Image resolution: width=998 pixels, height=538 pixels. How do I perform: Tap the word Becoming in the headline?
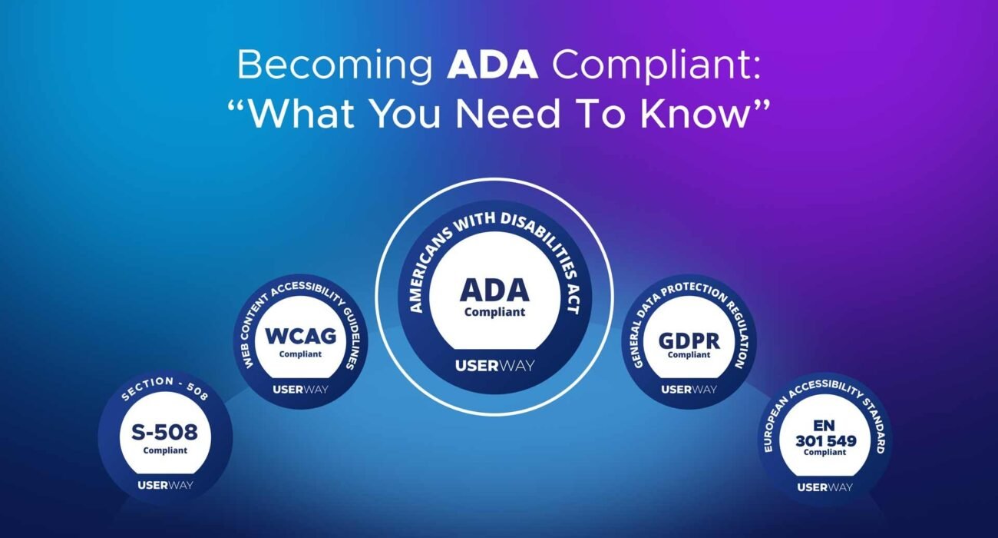pyautogui.click(x=334, y=67)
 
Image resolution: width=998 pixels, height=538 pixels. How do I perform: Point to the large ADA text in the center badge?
pyautogui.click(x=494, y=290)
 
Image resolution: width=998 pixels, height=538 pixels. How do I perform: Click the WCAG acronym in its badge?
pyautogui.click(x=300, y=337)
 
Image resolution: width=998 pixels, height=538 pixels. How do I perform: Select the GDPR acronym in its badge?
pyautogui.click(x=689, y=340)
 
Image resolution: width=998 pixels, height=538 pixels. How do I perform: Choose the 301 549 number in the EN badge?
pyautogui.click(x=825, y=440)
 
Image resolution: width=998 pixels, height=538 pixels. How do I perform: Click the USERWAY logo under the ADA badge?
pyautogui.click(x=494, y=365)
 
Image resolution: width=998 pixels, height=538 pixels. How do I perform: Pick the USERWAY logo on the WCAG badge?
pyautogui.click(x=300, y=389)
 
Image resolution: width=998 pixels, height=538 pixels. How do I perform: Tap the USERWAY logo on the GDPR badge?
pyautogui.click(x=689, y=389)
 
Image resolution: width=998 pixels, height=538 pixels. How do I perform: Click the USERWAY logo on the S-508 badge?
pyautogui.click(x=165, y=485)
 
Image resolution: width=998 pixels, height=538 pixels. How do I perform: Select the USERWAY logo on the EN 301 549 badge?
pyautogui.click(x=825, y=487)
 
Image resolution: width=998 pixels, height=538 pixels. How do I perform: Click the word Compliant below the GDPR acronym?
pyautogui.click(x=689, y=355)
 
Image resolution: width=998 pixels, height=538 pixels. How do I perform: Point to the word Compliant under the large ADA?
pyautogui.click(x=494, y=312)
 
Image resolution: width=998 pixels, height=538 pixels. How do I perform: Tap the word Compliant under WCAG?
pyautogui.click(x=300, y=354)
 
